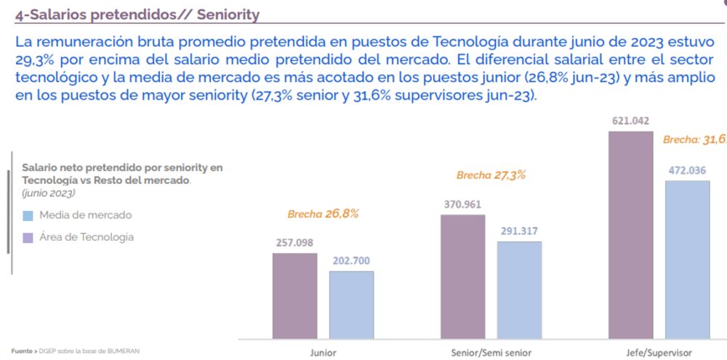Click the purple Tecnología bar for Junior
point(295,295)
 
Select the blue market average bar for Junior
point(351,304)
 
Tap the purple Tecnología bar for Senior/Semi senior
point(463,276)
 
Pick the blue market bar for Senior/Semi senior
point(519,289)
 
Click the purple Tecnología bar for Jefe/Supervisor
point(631,234)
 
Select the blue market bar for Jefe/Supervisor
point(687,259)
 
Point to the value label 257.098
point(294,242)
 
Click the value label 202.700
point(351,260)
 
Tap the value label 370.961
point(462,204)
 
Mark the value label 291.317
point(519,231)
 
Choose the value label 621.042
point(630,121)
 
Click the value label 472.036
point(687,171)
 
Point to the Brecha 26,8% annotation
point(323,214)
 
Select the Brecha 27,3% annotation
point(491,175)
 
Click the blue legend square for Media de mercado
point(28,215)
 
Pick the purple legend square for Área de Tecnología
point(28,237)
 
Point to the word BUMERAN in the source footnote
point(123,351)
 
